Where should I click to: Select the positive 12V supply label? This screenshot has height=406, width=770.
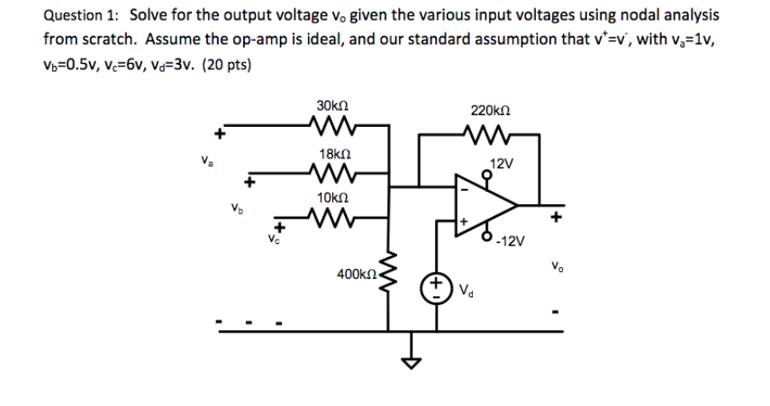pos(502,165)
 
